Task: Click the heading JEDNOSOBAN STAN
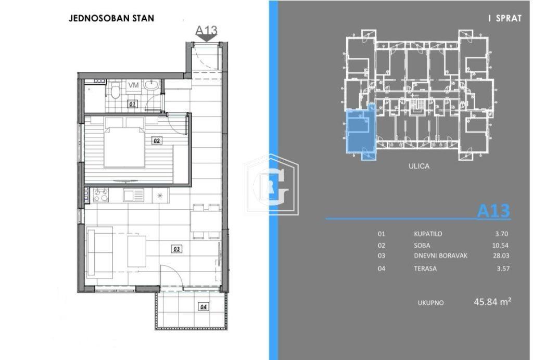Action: [x=111, y=18]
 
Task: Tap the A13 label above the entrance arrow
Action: [x=206, y=30]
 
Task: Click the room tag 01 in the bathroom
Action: [x=133, y=104]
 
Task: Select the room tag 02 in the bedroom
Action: [x=156, y=140]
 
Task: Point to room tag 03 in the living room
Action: [x=176, y=249]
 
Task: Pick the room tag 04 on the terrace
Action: [x=204, y=307]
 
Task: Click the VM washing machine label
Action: [x=134, y=85]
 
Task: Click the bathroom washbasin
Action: [x=151, y=85]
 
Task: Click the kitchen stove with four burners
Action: [x=101, y=195]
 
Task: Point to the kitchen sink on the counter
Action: [x=133, y=195]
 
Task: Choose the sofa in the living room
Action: [x=99, y=252]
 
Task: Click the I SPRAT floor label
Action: [x=504, y=18]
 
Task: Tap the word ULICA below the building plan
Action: [x=419, y=166]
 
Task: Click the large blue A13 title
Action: [x=493, y=211]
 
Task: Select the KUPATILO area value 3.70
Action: [x=502, y=234]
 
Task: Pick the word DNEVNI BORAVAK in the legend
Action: [x=440, y=256]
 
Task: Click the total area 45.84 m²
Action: [x=492, y=302]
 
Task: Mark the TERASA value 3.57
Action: [x=503, y=268]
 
